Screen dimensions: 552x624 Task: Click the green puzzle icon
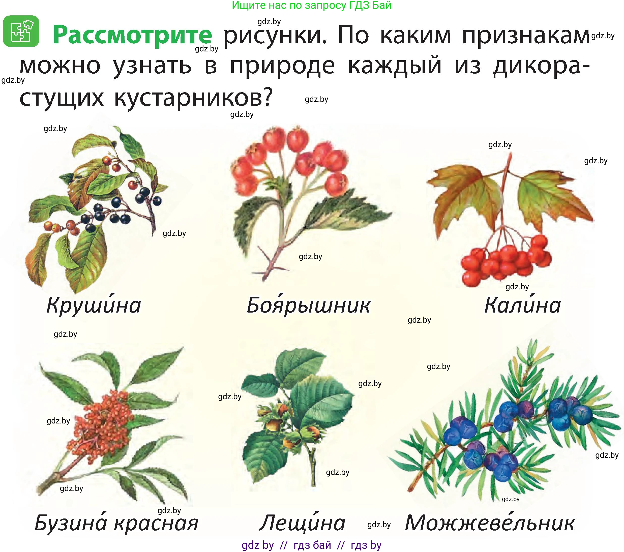click(x=21, y=31)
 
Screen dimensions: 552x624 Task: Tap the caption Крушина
click(x=94, y=305)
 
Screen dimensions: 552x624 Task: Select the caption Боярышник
click(x=308, y=305)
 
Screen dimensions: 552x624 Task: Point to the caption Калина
click(x=522, y=305)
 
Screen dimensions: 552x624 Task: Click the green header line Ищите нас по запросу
click(x=311, y=5)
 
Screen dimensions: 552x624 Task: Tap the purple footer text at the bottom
click(x=311, y=545)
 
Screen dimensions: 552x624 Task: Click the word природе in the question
click(x=282, y=66)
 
